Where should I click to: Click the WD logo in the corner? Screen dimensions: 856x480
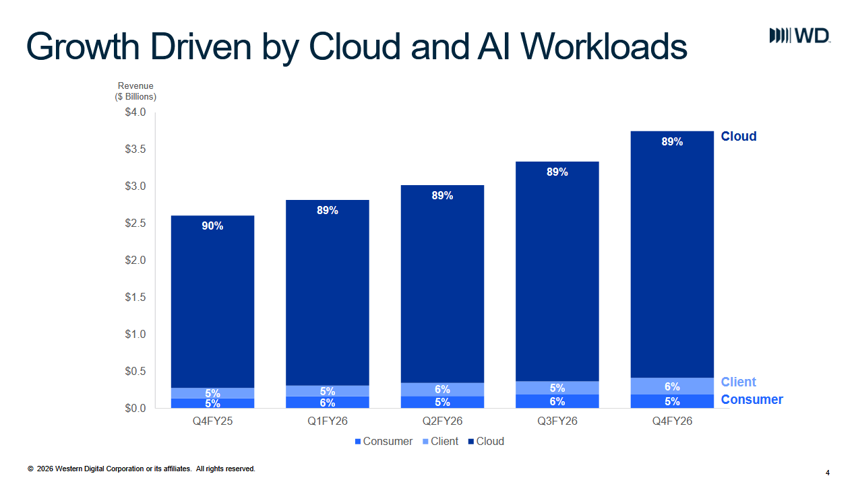tap(800, 36)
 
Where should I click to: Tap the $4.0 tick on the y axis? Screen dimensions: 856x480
tap(135, 112)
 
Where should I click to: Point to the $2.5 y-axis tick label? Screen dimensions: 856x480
tap(135, 224)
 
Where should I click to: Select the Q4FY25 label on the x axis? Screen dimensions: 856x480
tap(212, 421)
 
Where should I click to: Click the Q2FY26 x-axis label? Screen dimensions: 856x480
tap(442, 421)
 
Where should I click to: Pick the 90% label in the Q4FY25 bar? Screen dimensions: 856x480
tap(212, 226)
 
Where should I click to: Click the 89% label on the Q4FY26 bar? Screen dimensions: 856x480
tap(672, 141)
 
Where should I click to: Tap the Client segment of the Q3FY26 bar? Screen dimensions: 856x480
tap(557, 388)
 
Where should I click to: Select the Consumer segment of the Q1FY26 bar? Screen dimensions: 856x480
tap(328, 402)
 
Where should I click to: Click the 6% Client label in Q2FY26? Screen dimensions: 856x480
tap(442, 390)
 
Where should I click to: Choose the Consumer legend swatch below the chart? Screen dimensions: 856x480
tap(358, 442)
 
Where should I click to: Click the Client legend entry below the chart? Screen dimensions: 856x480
tap(440, 442)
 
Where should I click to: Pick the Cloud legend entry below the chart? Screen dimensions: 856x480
tap(486, 442)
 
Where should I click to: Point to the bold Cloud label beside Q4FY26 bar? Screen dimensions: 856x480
tap(739, 136)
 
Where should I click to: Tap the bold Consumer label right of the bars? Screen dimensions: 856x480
tap(752, 399)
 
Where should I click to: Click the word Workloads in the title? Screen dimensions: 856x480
tap(604, 46)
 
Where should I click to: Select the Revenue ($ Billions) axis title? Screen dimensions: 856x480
tap(135, 91)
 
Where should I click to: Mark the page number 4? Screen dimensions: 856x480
tap(828, 473)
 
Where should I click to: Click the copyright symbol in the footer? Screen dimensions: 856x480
tap(30, 469)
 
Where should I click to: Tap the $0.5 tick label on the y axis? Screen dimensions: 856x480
tap(135, 371)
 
